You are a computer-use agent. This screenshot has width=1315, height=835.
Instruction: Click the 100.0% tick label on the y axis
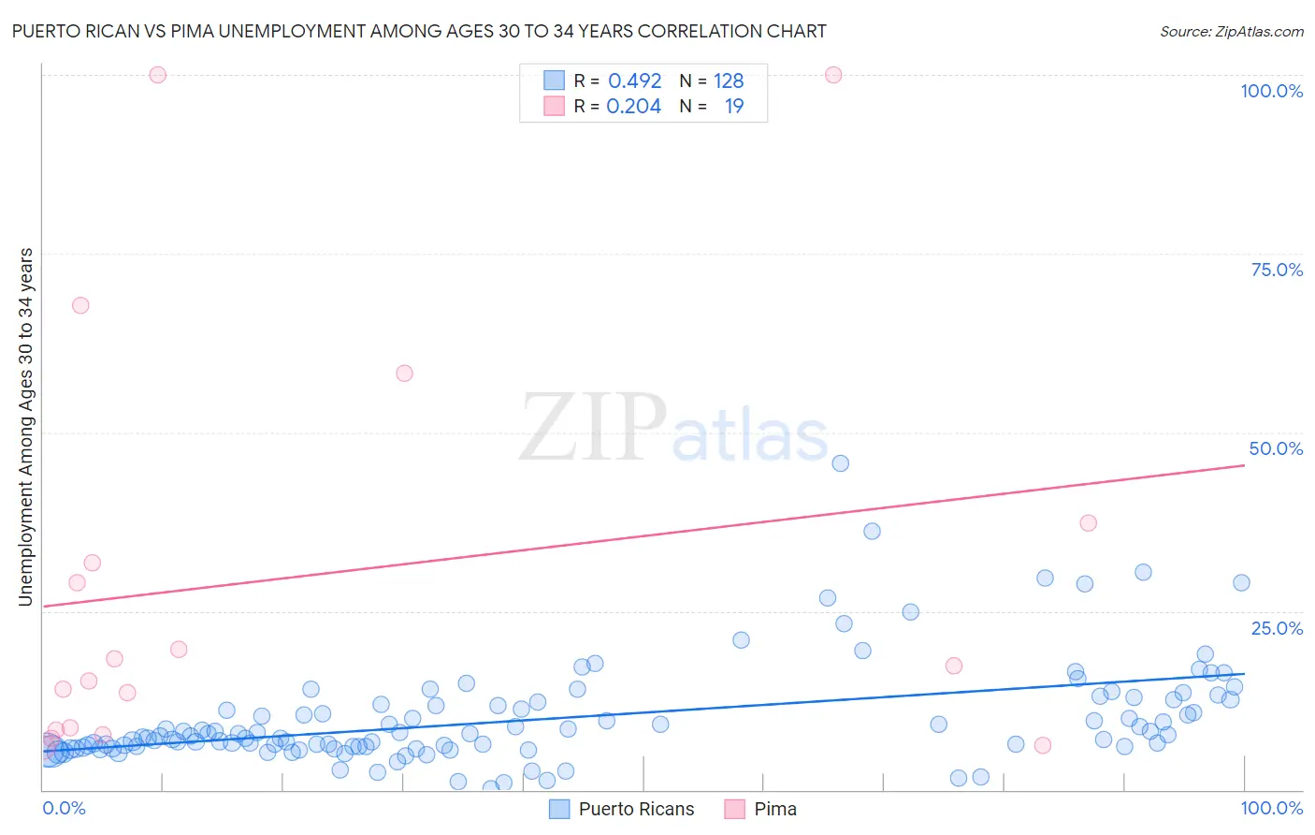coord(1271,91)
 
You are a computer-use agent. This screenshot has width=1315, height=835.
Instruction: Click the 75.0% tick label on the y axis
coord(1277,270)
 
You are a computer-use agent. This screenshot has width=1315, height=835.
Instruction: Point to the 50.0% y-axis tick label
coord(1276,448)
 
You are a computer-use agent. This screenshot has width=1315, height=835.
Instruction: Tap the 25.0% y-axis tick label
coord(1277,628)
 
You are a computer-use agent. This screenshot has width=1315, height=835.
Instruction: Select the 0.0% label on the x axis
coord(64,808)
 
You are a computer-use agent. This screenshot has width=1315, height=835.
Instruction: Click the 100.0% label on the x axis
coord(1271,808)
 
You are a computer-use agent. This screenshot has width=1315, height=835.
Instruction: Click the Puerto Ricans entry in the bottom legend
coord(636,809)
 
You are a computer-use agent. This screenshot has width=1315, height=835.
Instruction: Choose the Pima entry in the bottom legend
coord(775,809)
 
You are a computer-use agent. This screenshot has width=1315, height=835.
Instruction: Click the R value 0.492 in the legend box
coord(634,81)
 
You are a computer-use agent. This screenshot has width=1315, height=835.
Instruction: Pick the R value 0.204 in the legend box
coord(633,106)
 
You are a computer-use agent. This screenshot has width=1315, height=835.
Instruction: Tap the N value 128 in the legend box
coord(729,81)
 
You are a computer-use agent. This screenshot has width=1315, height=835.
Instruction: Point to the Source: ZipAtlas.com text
coord(1231,31)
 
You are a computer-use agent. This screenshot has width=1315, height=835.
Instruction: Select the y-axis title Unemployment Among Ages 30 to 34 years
coord(25,426)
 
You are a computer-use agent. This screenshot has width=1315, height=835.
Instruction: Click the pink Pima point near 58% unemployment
coord(404,373)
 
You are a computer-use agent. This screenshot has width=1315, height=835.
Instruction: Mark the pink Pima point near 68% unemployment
coord(80,305)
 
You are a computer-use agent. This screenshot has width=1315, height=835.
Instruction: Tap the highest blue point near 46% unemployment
coord(840,463)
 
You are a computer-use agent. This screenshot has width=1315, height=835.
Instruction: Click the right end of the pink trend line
coord(1244,464)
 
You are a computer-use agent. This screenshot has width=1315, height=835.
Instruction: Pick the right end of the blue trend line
coord(1244,674)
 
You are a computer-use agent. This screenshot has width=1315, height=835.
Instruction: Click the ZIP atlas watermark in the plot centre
coord(673,429)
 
